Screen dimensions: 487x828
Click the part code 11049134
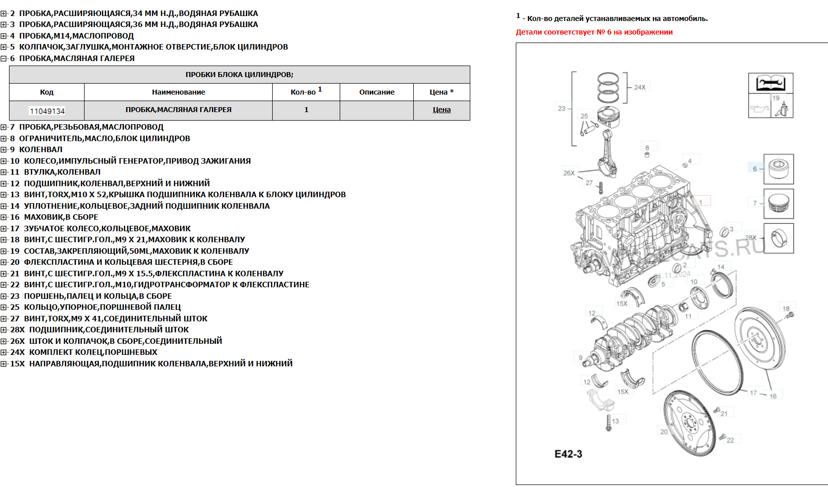click(x=48, y=111)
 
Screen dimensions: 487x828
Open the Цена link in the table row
click(x=441, y=110)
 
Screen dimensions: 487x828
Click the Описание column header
click(x=377, y=92)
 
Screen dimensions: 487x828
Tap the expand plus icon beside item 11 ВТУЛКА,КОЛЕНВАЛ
click(x=4, y=172)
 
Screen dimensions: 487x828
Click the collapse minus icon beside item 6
click(x=4, y=59)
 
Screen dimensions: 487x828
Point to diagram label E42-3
click(x=568, y=454)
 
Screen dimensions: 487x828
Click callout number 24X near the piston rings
click(x=639, y=87)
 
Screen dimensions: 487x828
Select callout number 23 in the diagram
click(x=561, y=108)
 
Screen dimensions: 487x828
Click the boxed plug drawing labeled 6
click(x=778, y=169)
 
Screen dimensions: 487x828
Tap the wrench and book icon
click(x=770, y=83)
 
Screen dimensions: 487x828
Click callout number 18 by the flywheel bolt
click(x=786, y=309)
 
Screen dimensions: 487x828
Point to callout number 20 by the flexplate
click(x=664, y=431)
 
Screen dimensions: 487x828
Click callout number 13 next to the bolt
click(x=615, y=421)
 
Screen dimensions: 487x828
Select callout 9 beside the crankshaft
click(x=580, y=357)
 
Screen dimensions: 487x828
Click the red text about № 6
click(x=594, y=32)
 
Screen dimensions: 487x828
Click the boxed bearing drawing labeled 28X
click(x=778, y=238)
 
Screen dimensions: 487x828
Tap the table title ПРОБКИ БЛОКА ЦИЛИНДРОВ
click(x=239, y=75)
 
